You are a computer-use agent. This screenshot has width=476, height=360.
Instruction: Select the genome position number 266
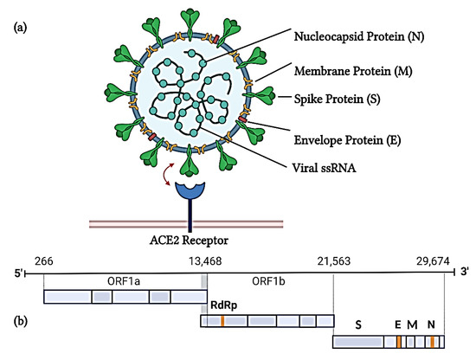pos(43,261)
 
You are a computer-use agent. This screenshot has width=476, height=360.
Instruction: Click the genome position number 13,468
pos(204,261)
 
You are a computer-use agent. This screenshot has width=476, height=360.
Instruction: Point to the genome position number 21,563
pos(333,261)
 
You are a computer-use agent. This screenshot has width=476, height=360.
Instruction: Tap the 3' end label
pos(464,274)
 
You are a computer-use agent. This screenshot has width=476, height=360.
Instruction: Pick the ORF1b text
pos(268,282)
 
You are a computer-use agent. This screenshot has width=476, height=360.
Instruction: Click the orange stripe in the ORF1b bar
pos(222,321)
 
